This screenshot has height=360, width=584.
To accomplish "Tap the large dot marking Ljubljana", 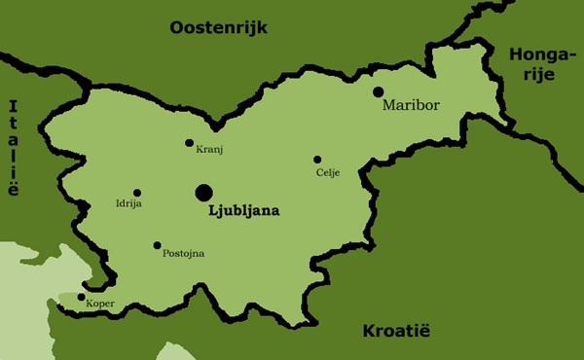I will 204,192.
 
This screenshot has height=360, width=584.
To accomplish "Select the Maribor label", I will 412,103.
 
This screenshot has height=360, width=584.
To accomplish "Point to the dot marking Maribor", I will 379,91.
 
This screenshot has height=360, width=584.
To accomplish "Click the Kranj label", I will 209,150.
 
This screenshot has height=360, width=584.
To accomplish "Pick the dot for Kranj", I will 190,143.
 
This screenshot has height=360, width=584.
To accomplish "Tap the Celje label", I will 328,172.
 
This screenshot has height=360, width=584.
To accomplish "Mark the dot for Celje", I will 317,160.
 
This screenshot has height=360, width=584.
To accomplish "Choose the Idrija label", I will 129,204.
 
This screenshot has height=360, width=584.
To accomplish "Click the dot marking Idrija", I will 137,193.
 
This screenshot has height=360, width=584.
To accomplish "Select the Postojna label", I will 183,254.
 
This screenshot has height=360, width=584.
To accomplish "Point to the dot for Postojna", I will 157,245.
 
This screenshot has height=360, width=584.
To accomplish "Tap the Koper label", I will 100,305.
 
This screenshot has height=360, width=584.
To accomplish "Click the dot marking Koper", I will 81,298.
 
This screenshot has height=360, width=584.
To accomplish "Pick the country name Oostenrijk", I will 218,27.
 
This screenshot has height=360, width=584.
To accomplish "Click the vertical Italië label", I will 13,148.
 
